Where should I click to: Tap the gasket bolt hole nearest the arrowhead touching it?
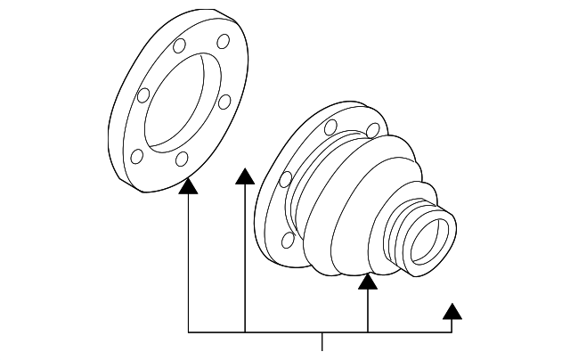[x=182, y=160]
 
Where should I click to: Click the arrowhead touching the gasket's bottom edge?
[x=188, y=185]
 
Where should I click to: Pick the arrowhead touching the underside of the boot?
[x=368, y=282]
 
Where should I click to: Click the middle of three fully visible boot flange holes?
[x=285, y=179]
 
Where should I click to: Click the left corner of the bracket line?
[x=189, y=331]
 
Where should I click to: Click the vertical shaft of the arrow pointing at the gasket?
[x=189, y=258]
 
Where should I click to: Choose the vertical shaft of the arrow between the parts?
[x=245, y=258]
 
